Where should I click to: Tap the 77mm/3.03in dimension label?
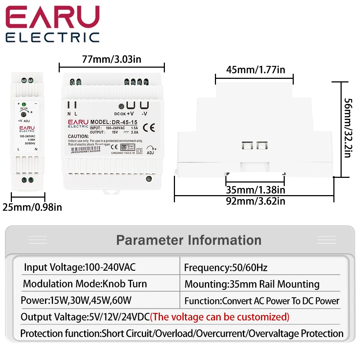(x=111, y=59)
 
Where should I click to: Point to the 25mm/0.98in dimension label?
(x=32, y=207)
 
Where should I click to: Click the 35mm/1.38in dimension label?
(x=255, y=189)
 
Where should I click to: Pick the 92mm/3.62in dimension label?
(x=255, y=201)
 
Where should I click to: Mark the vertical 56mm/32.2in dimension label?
(x=347, y=128)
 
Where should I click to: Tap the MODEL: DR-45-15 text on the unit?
(x=114, y=122)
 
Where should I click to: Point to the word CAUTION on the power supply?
(x=78, y=136)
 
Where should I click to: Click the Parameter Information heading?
(x=189, y=240)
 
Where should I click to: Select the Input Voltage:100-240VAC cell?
(x=80, y=267)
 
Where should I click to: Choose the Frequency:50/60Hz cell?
(x=226, y=267)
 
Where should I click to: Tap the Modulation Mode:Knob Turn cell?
(x=85, y=284)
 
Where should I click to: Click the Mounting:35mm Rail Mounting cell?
(x=252, y=284)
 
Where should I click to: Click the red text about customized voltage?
(x=220, y=317)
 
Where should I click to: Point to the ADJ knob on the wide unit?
(x=152, y=148)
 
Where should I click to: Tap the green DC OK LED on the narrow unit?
(x=24, y=104)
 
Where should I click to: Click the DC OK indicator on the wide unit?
(x=122, y=107)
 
